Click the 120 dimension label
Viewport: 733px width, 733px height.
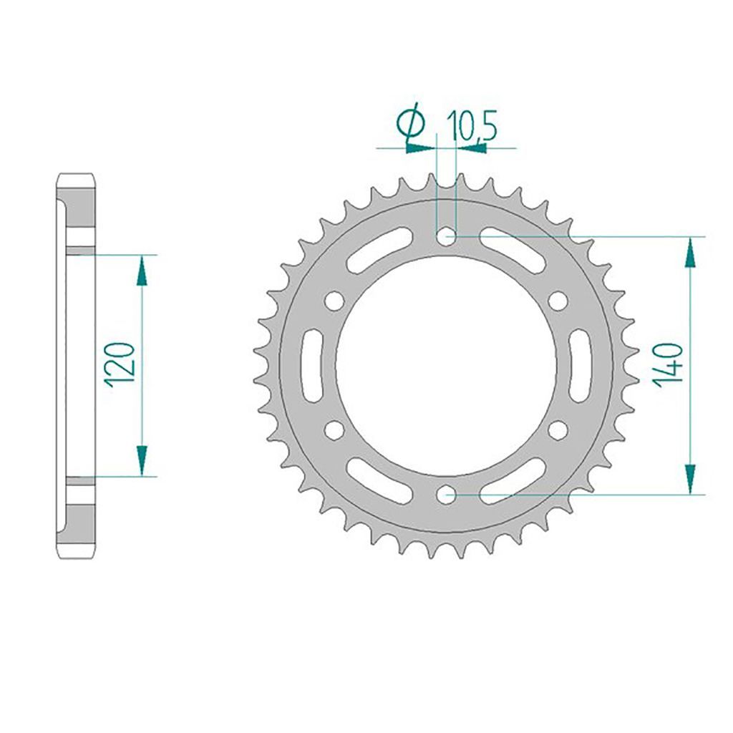pos(120,365)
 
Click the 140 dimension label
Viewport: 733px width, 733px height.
pos(667,365)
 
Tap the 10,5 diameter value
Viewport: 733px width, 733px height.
pos(471,126)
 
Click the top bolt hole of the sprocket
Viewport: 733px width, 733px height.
pos(447,236)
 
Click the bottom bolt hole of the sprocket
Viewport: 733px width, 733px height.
pos(447,493)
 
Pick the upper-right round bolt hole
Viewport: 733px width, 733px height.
pos(558,301)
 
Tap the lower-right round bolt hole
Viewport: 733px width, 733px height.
pos(558,429)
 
